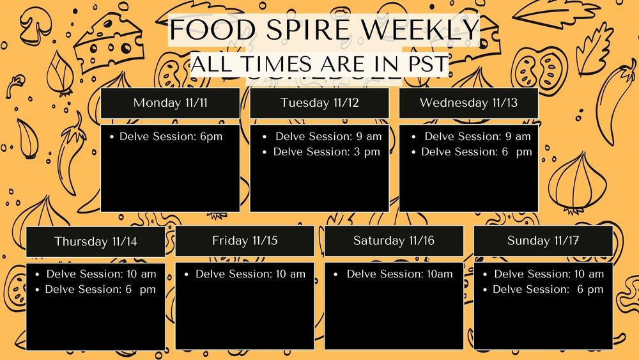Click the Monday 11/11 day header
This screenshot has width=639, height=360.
coord(170,103)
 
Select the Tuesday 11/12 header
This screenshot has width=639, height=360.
coord(319,103)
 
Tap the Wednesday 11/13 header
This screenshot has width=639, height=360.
coord(468,103)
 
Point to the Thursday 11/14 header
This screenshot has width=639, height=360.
coord(95,242)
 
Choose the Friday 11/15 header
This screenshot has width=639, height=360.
coord(245,241)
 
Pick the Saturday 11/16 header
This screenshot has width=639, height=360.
coord(394,241)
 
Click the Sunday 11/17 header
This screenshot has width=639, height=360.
coord(543,241)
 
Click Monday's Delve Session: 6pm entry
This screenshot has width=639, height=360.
coord(171,136)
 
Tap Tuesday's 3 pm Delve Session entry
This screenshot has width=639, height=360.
coord(327,152)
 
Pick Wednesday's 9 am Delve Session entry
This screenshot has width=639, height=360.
coord(477,136)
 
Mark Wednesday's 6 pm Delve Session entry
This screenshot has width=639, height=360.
coord(476,152)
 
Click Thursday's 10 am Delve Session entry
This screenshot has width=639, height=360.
coord(101,274)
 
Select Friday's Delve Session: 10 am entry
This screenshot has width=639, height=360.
coord(250,274)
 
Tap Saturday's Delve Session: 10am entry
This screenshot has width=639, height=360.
coord(399,274)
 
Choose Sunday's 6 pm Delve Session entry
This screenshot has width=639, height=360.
coord(548,290)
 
